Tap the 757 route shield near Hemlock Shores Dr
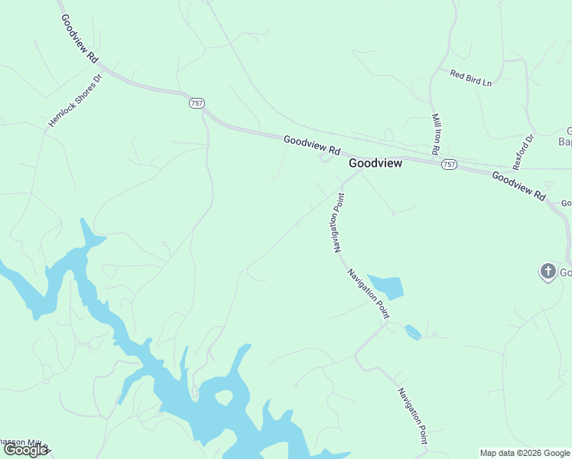coord(197,103)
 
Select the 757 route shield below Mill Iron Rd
coord(449,164)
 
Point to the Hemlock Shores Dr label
coord(75,100)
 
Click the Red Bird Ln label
coord(470,77)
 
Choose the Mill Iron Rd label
coord(438,135)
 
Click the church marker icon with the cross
coord(548,272)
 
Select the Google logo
coord(25,450)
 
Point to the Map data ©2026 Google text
coord(525,453)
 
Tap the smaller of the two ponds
coord(412,332)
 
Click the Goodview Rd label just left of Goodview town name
coord(311,145)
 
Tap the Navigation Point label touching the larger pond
coord(369,293)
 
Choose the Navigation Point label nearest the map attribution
coord(412,415)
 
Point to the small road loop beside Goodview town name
coord(326,158)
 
